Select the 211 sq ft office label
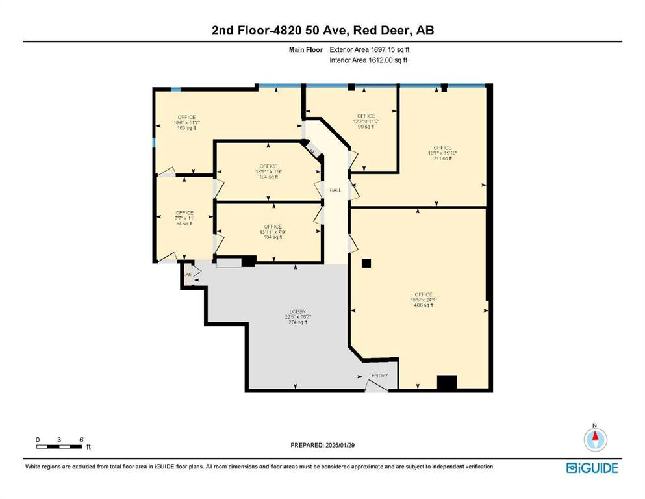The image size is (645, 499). pos(442,153)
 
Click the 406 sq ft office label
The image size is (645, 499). pos(423,300)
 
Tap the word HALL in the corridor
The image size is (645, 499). pos(335,190)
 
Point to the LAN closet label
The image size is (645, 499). pos(188,274)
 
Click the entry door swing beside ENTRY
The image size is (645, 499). pos(375,385)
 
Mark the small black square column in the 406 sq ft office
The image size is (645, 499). pos(366,263)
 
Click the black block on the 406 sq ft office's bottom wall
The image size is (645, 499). pos(446,383)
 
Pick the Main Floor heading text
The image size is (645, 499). pos(305,50)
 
